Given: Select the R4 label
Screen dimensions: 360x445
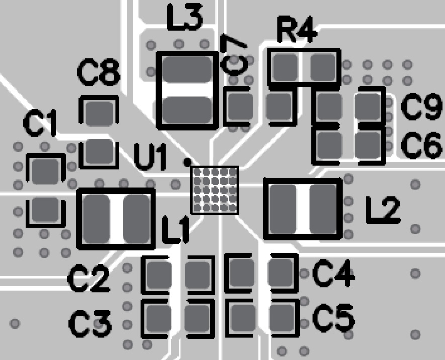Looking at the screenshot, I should click(x=296, y=33).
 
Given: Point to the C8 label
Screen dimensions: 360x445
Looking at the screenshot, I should click(x=99, y=74).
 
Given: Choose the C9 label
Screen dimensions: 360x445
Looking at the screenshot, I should click(x=421, y=108).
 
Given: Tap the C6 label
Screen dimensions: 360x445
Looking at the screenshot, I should click(x=421, y=145).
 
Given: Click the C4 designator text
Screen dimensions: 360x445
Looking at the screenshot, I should click(x=334, y=275).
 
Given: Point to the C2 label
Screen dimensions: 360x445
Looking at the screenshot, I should click(x=88, y=281).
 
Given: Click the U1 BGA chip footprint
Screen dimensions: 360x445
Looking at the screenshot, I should click(x=215, y=190).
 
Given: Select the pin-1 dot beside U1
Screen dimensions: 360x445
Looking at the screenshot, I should click(x=187, y=162).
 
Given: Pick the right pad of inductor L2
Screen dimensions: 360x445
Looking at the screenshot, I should click(x=322, y=207).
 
